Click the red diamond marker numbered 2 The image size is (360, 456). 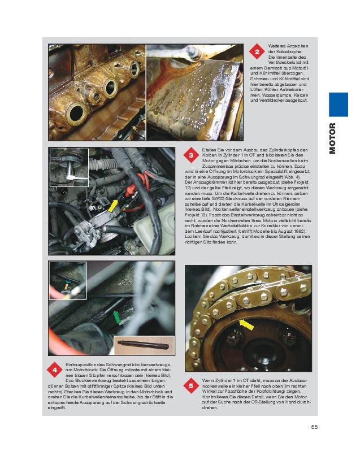(257, 53)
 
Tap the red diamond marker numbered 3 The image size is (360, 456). (191, 155)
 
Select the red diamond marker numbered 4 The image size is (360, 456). (55, 370)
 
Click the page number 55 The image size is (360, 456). (315, 427)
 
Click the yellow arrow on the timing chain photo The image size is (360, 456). (246, 324)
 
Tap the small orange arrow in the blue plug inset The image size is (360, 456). (66, 286)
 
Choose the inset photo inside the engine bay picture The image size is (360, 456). (70, 167)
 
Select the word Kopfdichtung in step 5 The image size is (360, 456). (277, 391)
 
